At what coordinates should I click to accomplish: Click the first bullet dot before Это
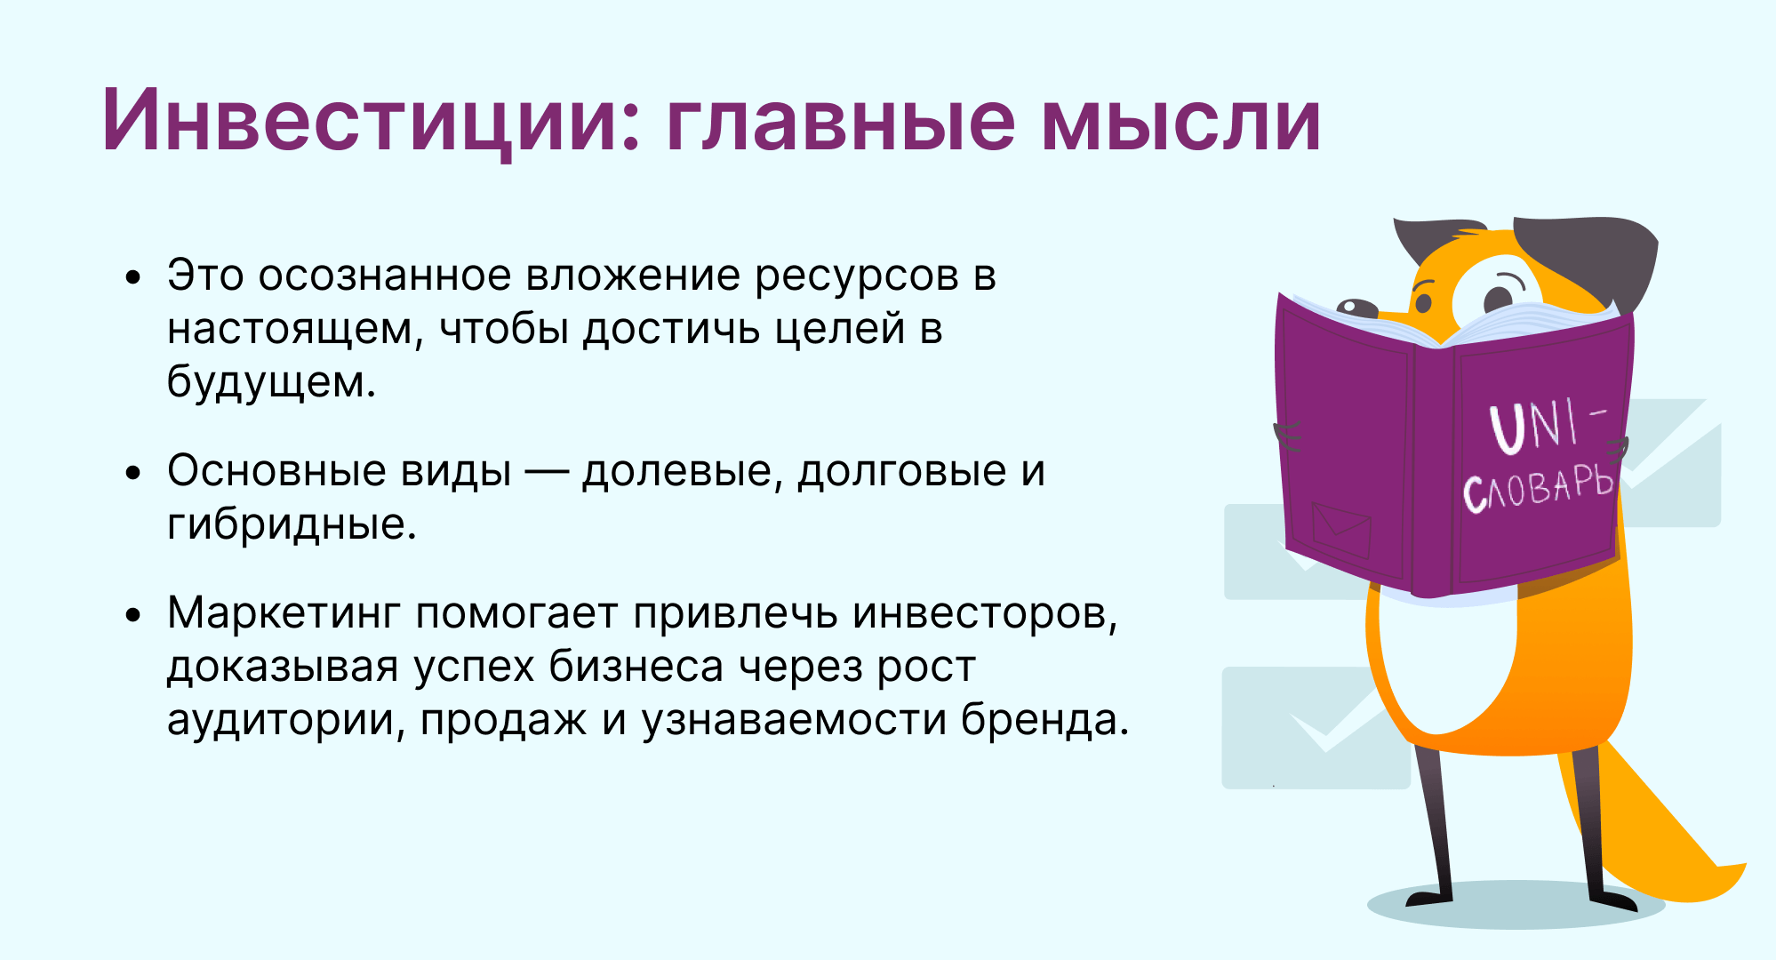tap(133, 277)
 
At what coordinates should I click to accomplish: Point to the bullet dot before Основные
tap(133, 473)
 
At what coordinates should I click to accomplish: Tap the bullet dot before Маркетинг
tap(133, 615)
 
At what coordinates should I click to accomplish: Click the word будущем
tap(272, 382)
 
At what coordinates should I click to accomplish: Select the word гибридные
tap(292, 524)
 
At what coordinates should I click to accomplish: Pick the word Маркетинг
tap(284, 613)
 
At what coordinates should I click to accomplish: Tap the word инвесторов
tap(985, 613)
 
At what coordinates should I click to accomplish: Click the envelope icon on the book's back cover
tap(1341, 530)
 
